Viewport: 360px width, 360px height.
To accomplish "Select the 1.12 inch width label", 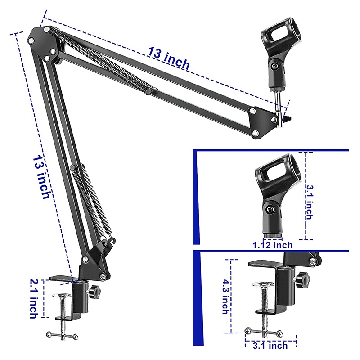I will click(272, 245).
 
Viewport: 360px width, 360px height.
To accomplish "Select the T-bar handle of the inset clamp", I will click(262, 332).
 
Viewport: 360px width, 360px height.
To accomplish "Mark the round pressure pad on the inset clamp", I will click(261, 284).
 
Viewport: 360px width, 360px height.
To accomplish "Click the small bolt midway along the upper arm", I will click(148, 92).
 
